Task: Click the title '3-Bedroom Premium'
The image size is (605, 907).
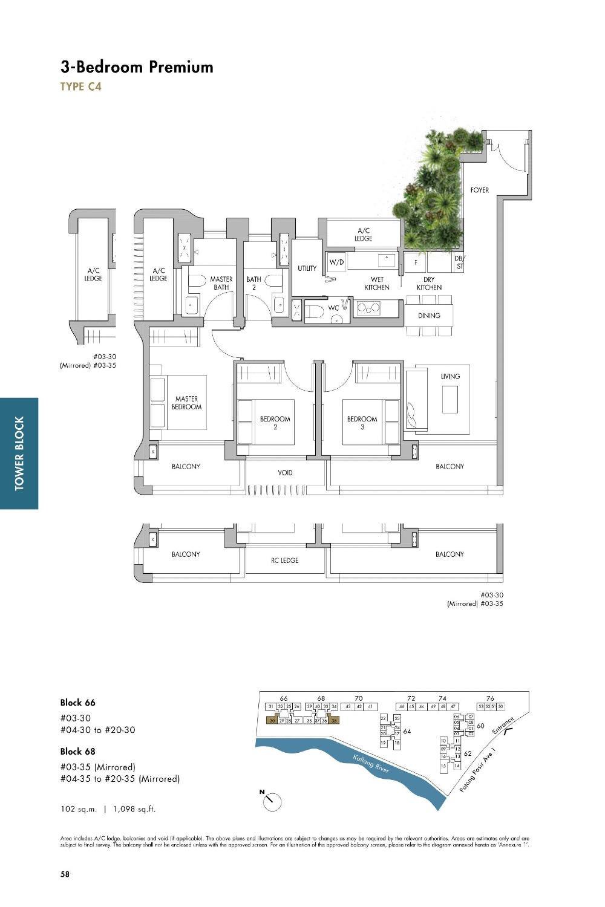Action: [137, 67]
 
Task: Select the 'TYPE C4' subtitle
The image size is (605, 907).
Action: [80, 86]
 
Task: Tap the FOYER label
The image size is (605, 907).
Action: [479, 190]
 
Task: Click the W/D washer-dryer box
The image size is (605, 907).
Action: [336, 262]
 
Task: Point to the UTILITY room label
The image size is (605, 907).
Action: [307, 268]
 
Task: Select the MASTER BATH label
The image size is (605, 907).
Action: [221, 283]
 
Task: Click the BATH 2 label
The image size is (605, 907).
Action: [253, 283]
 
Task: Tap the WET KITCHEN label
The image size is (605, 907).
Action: [377, 283]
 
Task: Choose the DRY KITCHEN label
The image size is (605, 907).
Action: [429, 283]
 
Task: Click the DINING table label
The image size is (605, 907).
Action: [429, 316]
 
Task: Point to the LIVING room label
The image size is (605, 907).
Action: [450, 376]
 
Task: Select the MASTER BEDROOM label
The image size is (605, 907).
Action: [186, 403]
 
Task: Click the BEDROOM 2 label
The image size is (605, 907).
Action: [275, 423]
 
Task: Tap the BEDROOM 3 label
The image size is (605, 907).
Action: [362, 423]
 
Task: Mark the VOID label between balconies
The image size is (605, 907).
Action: [285, 473]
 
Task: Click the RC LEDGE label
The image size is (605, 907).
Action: [285, 561]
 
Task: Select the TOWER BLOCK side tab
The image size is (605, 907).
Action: [19, 453]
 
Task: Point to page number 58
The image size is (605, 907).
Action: [65, 874]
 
